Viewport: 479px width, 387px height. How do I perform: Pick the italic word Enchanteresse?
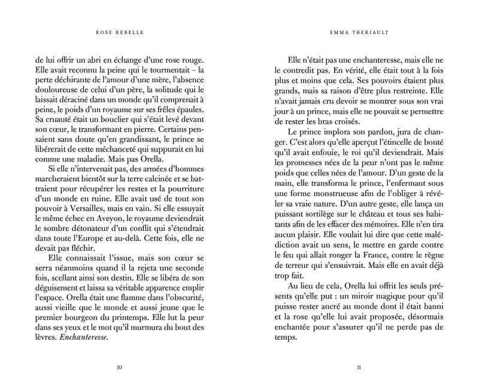87,337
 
